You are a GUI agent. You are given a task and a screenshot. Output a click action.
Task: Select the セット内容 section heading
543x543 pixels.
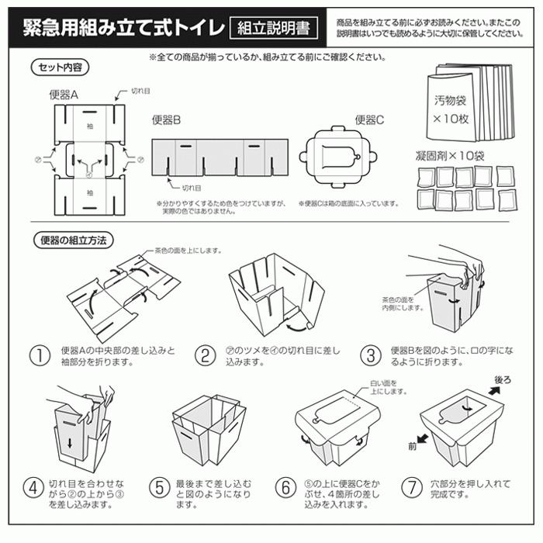(x=62, y=67)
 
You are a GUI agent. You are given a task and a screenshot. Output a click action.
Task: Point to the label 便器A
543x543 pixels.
(x=64, y=95)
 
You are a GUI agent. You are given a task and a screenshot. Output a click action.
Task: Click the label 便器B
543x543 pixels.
(x=166, y=121)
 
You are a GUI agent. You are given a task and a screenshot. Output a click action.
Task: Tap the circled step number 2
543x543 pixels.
(x=205, y=356)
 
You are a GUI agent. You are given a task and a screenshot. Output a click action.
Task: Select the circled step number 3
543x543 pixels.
(x=371, y=356)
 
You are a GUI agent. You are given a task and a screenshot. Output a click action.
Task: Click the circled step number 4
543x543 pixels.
(x=33, y=489)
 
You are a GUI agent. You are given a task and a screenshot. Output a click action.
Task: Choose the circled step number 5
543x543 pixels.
(x=158, y=489)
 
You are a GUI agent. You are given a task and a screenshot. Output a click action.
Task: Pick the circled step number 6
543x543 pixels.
(x=286, y=489)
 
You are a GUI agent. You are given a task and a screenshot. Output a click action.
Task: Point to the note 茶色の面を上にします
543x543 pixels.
(x=185, y=251)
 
